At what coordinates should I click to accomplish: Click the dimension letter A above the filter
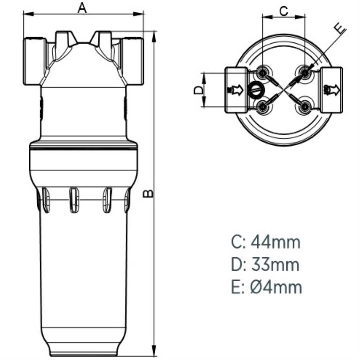(82, 8)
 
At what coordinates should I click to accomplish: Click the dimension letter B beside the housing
(148, 193)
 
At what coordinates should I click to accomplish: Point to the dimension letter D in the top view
(198, 90)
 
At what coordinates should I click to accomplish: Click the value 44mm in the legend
(276, 242)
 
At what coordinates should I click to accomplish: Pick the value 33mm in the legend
(275, 265)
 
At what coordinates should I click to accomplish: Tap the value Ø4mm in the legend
(276, 287)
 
